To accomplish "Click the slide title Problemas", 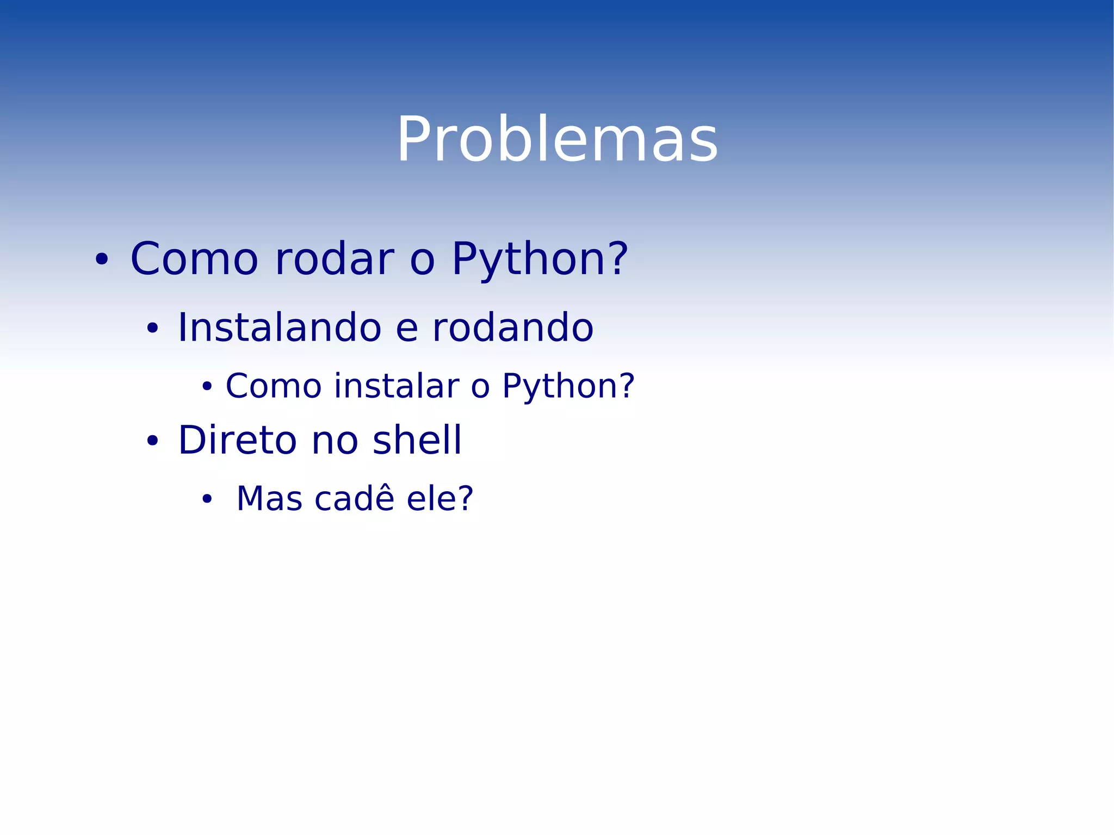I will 557,140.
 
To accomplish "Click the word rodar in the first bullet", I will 334,259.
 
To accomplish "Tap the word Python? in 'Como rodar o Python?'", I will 540,260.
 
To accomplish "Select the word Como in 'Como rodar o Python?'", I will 194,259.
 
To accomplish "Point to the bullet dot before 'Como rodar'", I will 102,260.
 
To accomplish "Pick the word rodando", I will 512,328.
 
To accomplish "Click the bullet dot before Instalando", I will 152,329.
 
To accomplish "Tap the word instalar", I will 397,386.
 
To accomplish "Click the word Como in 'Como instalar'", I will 274,386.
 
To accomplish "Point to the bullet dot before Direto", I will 152,441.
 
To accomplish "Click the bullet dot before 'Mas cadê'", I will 207,499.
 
